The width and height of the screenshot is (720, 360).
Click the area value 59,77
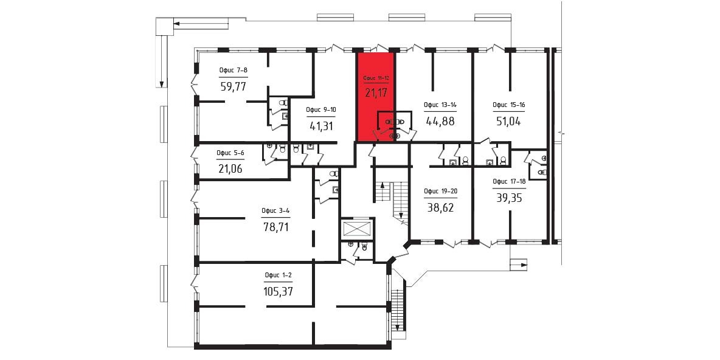click(234, 86)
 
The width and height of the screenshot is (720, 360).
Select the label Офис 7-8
click(234, 71)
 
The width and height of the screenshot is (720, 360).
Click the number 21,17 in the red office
click(376, 93)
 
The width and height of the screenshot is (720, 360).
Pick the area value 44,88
click(440, 122)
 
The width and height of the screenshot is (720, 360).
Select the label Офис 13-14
click(440, 105)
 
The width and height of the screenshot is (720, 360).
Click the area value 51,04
click(508, 122)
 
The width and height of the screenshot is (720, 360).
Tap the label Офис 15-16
click(508, 105)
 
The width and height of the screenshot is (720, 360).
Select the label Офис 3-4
click(275, 211)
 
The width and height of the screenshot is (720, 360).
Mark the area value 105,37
click(279, 291)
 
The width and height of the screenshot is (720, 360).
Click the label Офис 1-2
click(279, 275)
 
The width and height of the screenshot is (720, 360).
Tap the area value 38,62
click(440, 207)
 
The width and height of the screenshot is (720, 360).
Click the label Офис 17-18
click(508, 181)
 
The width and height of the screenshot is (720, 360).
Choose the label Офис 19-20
click(440, 192)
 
